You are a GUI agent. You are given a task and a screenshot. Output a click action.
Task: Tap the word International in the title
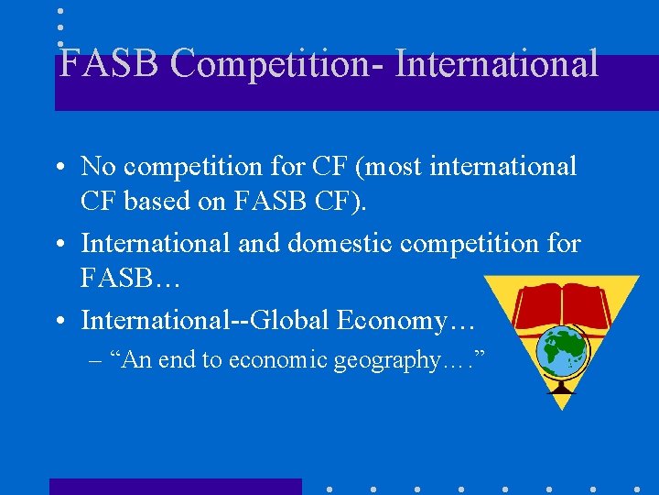click(495, 64)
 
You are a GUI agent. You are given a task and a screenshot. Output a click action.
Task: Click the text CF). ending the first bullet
click(340, 199)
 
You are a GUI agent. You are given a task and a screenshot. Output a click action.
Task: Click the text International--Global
click(205, 320)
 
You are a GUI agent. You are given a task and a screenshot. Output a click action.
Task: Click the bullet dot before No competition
click(62, 167)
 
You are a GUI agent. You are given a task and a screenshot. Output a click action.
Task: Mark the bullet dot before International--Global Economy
click(62, 321)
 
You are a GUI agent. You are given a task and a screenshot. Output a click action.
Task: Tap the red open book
click(561, 307)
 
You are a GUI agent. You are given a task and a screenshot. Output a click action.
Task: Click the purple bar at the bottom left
click(175, 486)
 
